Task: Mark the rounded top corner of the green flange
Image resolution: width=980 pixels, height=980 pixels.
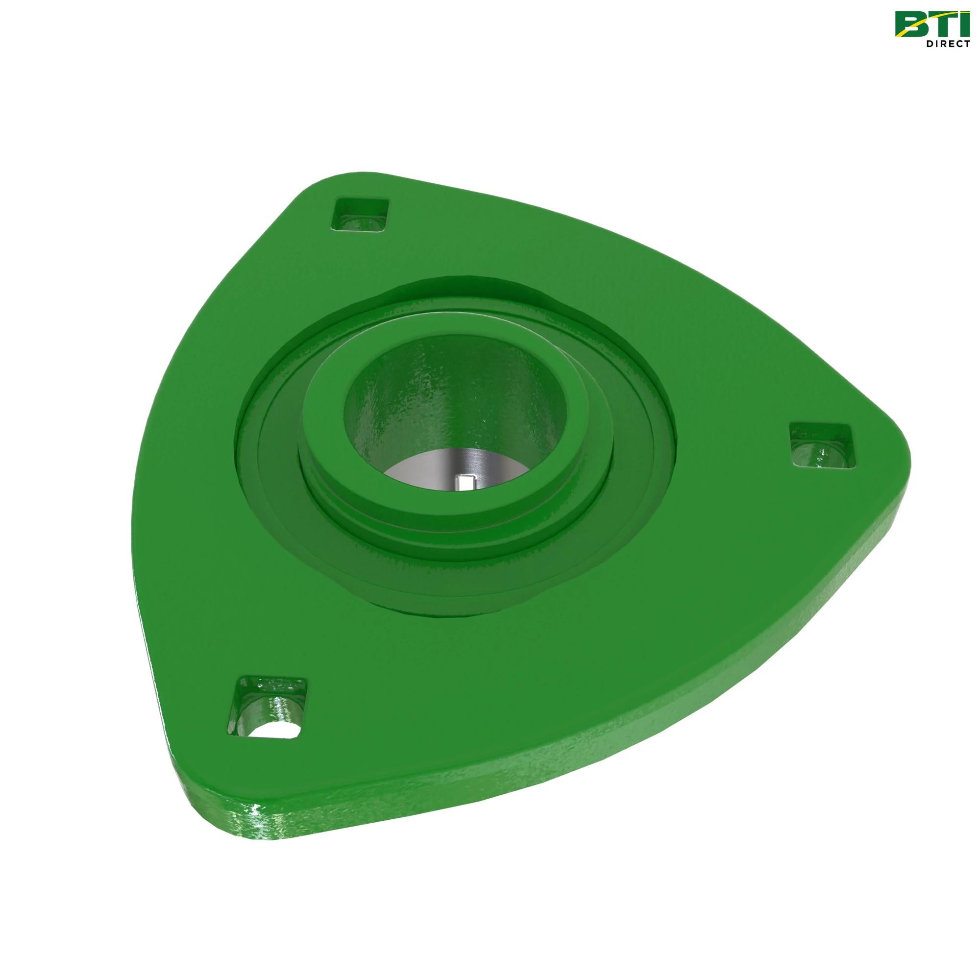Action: (x=335, y=180)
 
